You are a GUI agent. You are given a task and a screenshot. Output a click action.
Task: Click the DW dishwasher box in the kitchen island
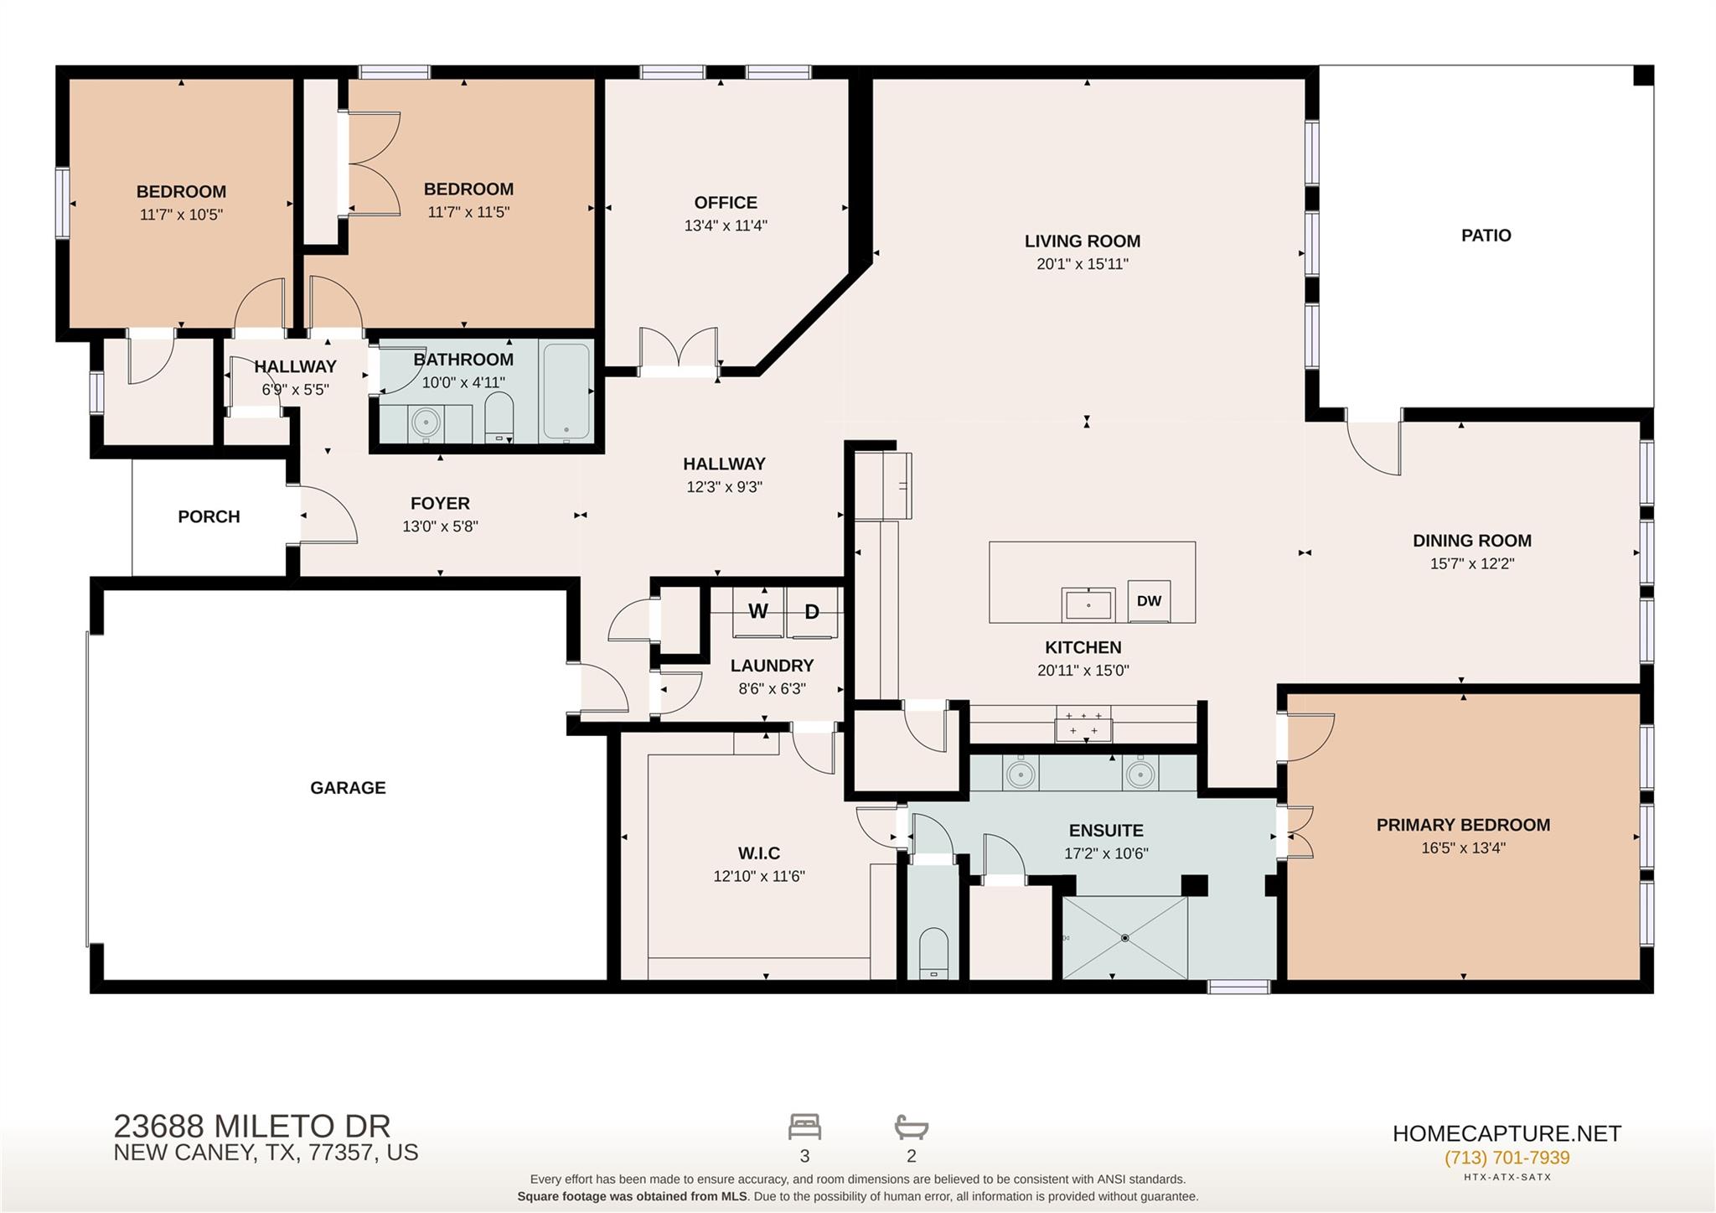click(x=1149, y=600)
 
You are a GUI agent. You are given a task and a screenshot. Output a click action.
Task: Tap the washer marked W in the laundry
click(x=758, y=612)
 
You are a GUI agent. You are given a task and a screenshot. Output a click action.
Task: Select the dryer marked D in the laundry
click(x=811, y=612)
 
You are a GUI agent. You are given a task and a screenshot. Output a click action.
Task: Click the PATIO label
click(x=1486, y=236)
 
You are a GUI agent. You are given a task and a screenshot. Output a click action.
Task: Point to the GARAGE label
click(x=348, y=788)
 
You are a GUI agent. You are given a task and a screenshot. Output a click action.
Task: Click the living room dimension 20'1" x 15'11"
click(x=1082, y=264)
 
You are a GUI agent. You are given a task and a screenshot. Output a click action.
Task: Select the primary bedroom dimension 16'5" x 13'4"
click(x=1463, y=848)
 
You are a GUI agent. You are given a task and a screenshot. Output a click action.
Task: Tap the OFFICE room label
click(x=726, y=203)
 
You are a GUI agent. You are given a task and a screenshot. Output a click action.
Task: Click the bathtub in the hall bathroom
click(x=566, y=391)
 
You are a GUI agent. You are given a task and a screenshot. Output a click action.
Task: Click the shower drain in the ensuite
click(x=1124, y=937)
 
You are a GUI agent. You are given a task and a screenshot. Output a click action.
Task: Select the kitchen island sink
click(x=1088, y=604)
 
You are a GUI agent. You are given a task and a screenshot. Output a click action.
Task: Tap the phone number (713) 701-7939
click(x=1507, y=1158)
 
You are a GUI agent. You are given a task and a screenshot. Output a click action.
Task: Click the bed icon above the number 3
click(x=804, y=1127)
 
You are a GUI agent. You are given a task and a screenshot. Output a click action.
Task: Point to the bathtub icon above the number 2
click(x=911, y=1127)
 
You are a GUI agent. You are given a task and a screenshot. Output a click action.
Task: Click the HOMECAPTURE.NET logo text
click(x=1507, y=1133)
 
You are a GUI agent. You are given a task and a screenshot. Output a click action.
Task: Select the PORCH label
click(x=209, y=516)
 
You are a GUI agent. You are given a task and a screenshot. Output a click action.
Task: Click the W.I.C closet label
click(x=759, y=853)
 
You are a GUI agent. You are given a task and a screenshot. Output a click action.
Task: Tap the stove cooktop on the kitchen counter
click(x=1083, y=723)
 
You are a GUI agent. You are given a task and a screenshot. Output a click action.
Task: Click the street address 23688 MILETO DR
click(x=251, y=1125)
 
